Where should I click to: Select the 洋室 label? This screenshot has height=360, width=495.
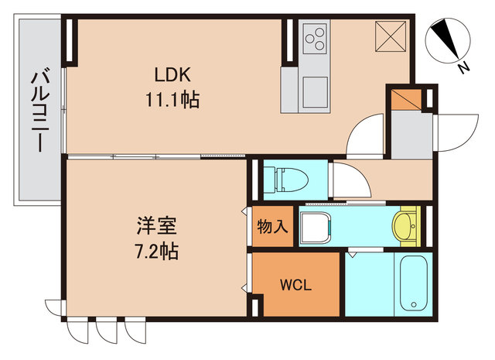click(x=157, y=227)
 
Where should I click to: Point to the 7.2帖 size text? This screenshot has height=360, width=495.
click(x=157, y=252)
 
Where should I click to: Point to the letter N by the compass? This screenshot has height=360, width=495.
click(x=464, y=68)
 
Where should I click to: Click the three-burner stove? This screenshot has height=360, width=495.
click(x=316, y=38)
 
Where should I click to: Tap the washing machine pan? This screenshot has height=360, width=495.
click(x=316, y=227)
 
